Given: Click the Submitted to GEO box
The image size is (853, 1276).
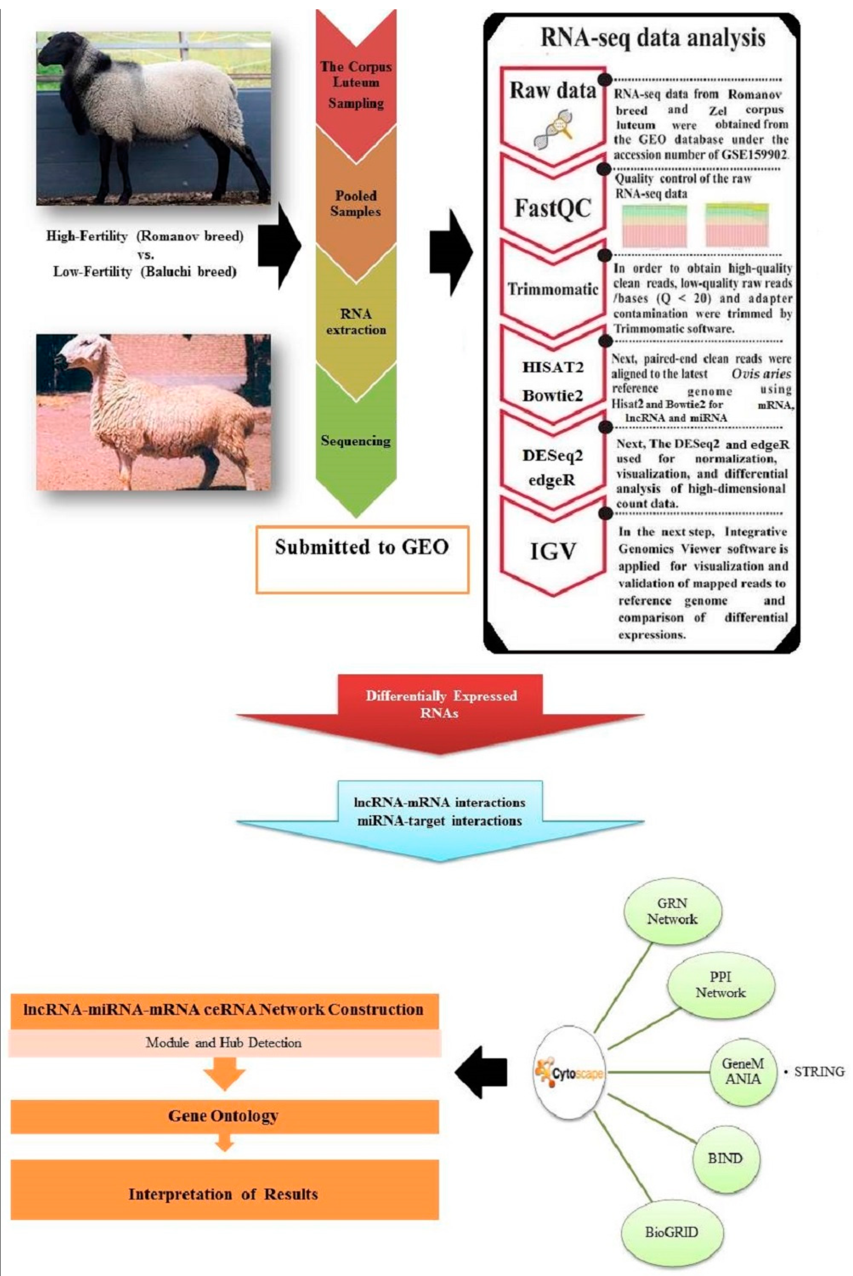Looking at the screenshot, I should pyautogui.click(x=362, y=559).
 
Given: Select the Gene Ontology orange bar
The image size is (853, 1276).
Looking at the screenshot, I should pyautogui.click(x=224, y=1116).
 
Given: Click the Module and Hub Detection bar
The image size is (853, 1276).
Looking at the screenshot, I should pyautogui.click(x=224, y=1043).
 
